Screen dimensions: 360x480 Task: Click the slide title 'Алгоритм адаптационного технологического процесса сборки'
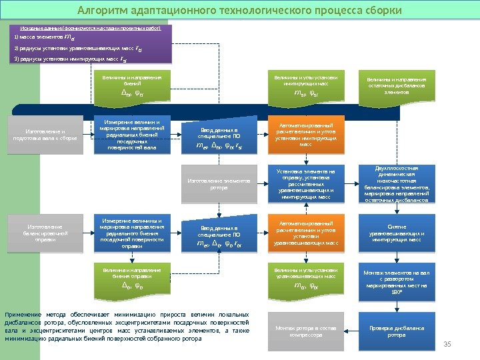tap(240, 11)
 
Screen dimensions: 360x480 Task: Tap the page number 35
tap(447, 343)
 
